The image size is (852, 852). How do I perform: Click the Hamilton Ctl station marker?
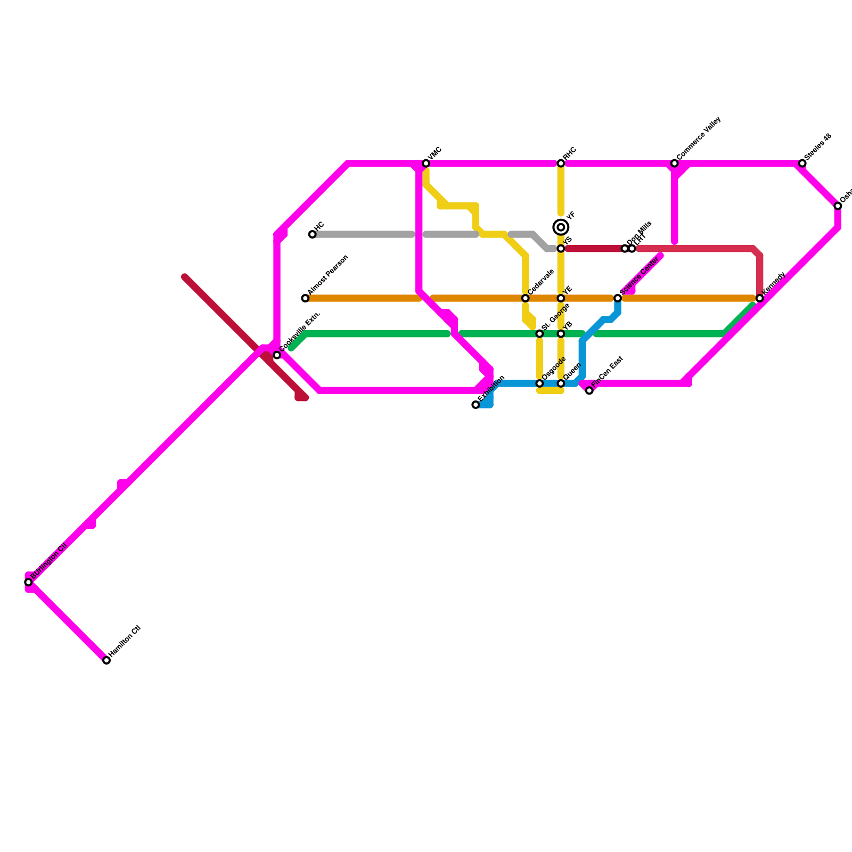[x=106, y=660]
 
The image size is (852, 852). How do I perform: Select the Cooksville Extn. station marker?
[x=277, y=355]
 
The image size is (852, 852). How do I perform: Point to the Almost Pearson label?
[x=328, y=275]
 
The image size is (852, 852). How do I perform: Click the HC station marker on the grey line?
[x=313, y=234]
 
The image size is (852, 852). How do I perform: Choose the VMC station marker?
[x=426, y=163]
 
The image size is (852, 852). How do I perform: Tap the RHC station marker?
[x=561, y=163]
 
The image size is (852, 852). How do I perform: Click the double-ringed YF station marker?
[x=561, y=227]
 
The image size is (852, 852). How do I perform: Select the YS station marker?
[x=561, y=249]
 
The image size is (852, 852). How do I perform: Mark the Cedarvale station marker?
[x=526, y=298]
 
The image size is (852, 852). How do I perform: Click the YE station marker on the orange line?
[x=561, y=298]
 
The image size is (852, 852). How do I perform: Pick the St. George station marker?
[x=539, y=334]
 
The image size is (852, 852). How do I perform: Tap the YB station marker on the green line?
[x=561, y=334]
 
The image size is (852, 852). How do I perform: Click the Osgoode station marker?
[x=539, y=383]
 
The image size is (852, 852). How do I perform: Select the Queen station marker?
[x=561, y=383]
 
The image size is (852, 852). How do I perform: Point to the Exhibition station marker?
[x=476, y=405]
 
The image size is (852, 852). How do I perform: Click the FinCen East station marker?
[x=589, y=391]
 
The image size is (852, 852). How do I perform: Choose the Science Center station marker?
[x=618, y=298]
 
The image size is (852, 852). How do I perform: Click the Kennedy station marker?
[x=760, y=298]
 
